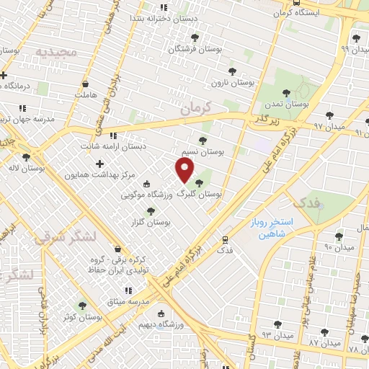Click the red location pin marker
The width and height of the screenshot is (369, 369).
(x=185, y=170)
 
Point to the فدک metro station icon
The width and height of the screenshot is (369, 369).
(x=226, y=239)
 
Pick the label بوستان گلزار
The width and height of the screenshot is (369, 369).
(x=150, y=223)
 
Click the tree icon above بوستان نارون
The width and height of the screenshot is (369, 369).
(x=232, y=71)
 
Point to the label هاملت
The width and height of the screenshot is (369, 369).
(x=85, y=94)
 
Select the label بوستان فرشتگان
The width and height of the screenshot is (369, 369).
(x=192, y=49)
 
